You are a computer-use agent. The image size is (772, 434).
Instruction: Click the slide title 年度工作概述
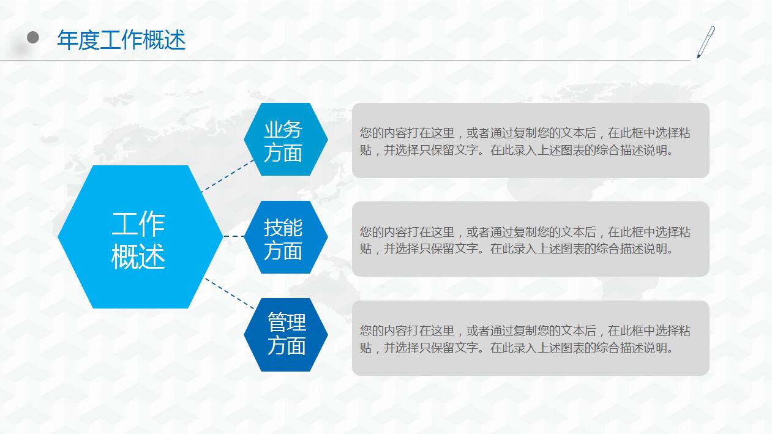point(121,40)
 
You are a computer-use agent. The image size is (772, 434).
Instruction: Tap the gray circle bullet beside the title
point(33,38)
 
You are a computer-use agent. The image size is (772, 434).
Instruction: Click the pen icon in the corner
point(705,42)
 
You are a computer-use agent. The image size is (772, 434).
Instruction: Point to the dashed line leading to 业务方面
point(228,175)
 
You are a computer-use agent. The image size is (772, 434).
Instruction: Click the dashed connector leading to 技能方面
point(234,236)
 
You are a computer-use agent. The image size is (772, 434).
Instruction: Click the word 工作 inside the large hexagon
point(138,225)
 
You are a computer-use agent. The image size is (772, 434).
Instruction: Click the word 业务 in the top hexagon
point(283,129)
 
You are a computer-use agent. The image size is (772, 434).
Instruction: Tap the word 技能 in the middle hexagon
point(283,227)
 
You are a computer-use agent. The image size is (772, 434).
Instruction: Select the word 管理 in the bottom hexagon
point(286,322)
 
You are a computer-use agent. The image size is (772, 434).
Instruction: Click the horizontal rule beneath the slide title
point(367,61)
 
